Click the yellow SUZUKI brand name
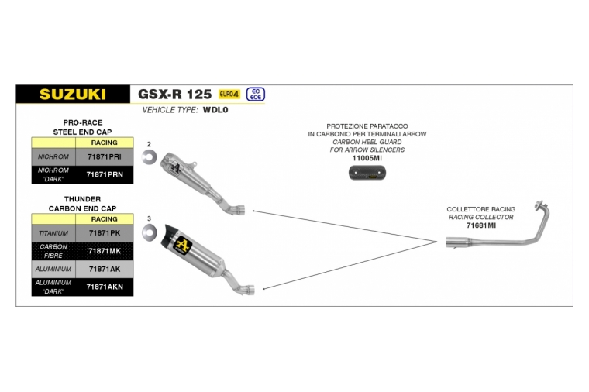pyautogui.click(x=73, y=95)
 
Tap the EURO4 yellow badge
pyautogui.click(x=229, y=94)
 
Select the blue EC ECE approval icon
pyautogui.click(x=256, y=95)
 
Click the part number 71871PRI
pyautogui.click(x=105, y=157)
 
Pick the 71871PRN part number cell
pyautogui.click(x=105, y=174)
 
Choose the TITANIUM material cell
pyautogui.click(x=53, y=233)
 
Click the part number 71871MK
pyautogui.click(x=105, y=251)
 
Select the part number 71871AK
pyautogui.click(x=105, y=269)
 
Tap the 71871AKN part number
pyautogui.click(x=105, y=287)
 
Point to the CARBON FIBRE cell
pyautogui.click(x=53, y=251)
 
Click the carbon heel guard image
pyautogui.click(x=367, y=173)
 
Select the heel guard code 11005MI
pyautogui.click(x=367, y=158)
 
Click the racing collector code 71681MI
pyautogui.click(x=481, y=225)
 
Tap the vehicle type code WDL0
pyautogui.click(x=215, y=110)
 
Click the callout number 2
pyautogui.click(x=149, y=144)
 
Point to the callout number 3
pyautogui.click(x=149, y=218)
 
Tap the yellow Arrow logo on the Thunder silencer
pyautogui.click(x=184, y=245)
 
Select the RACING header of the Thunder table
pyautogui.click(x=105, y=219)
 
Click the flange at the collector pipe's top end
pyautogui.click(x=541, y=205)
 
